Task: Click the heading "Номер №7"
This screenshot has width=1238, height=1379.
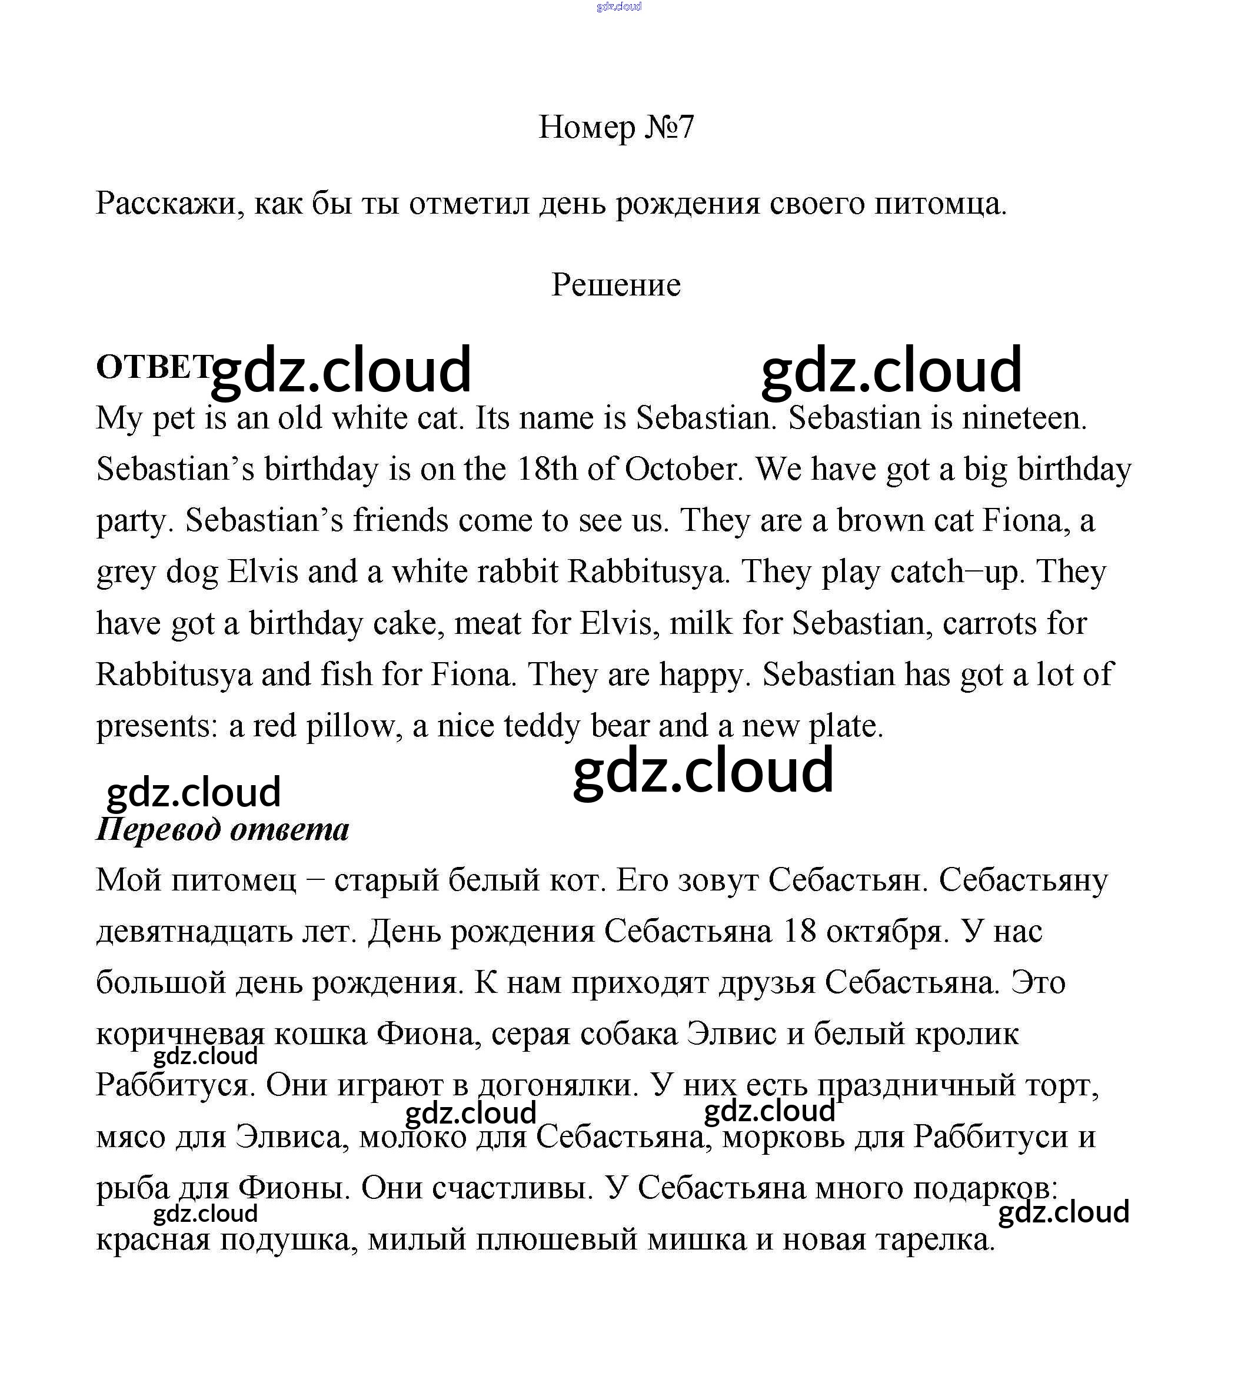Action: click(x=615, y=127)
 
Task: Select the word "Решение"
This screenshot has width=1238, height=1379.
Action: click(x=615, y=285)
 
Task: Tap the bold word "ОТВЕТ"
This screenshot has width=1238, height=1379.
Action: click(x=154, y=367)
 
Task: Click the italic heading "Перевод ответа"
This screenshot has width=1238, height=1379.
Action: click(x=222, y=829)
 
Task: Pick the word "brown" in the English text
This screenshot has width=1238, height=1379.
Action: click(x=880, y=521)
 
